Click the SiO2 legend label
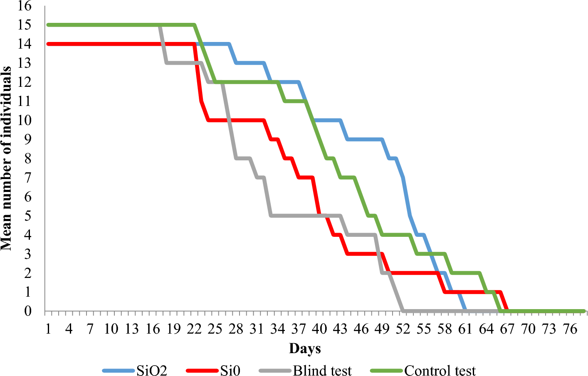click(x=152, y=370)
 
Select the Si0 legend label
click(x=230, y=370)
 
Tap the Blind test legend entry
click(x=322, y=370)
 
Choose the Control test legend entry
click(x=440, y=370)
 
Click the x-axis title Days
click(x=305, y=349)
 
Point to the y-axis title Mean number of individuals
click(x=6, y=158)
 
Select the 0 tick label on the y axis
click(x=28, y=311)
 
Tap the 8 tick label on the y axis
click(x=28, y=158)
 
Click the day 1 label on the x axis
click(x=48, y=329)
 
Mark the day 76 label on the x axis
click(x=570, y=329)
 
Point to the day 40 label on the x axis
click(x=319, y=329)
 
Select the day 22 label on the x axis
click(x=194, y=329)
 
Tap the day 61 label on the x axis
click(x=465, y=329)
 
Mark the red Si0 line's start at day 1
click(x=49, y=44)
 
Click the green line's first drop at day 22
click(x=194, y=25)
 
